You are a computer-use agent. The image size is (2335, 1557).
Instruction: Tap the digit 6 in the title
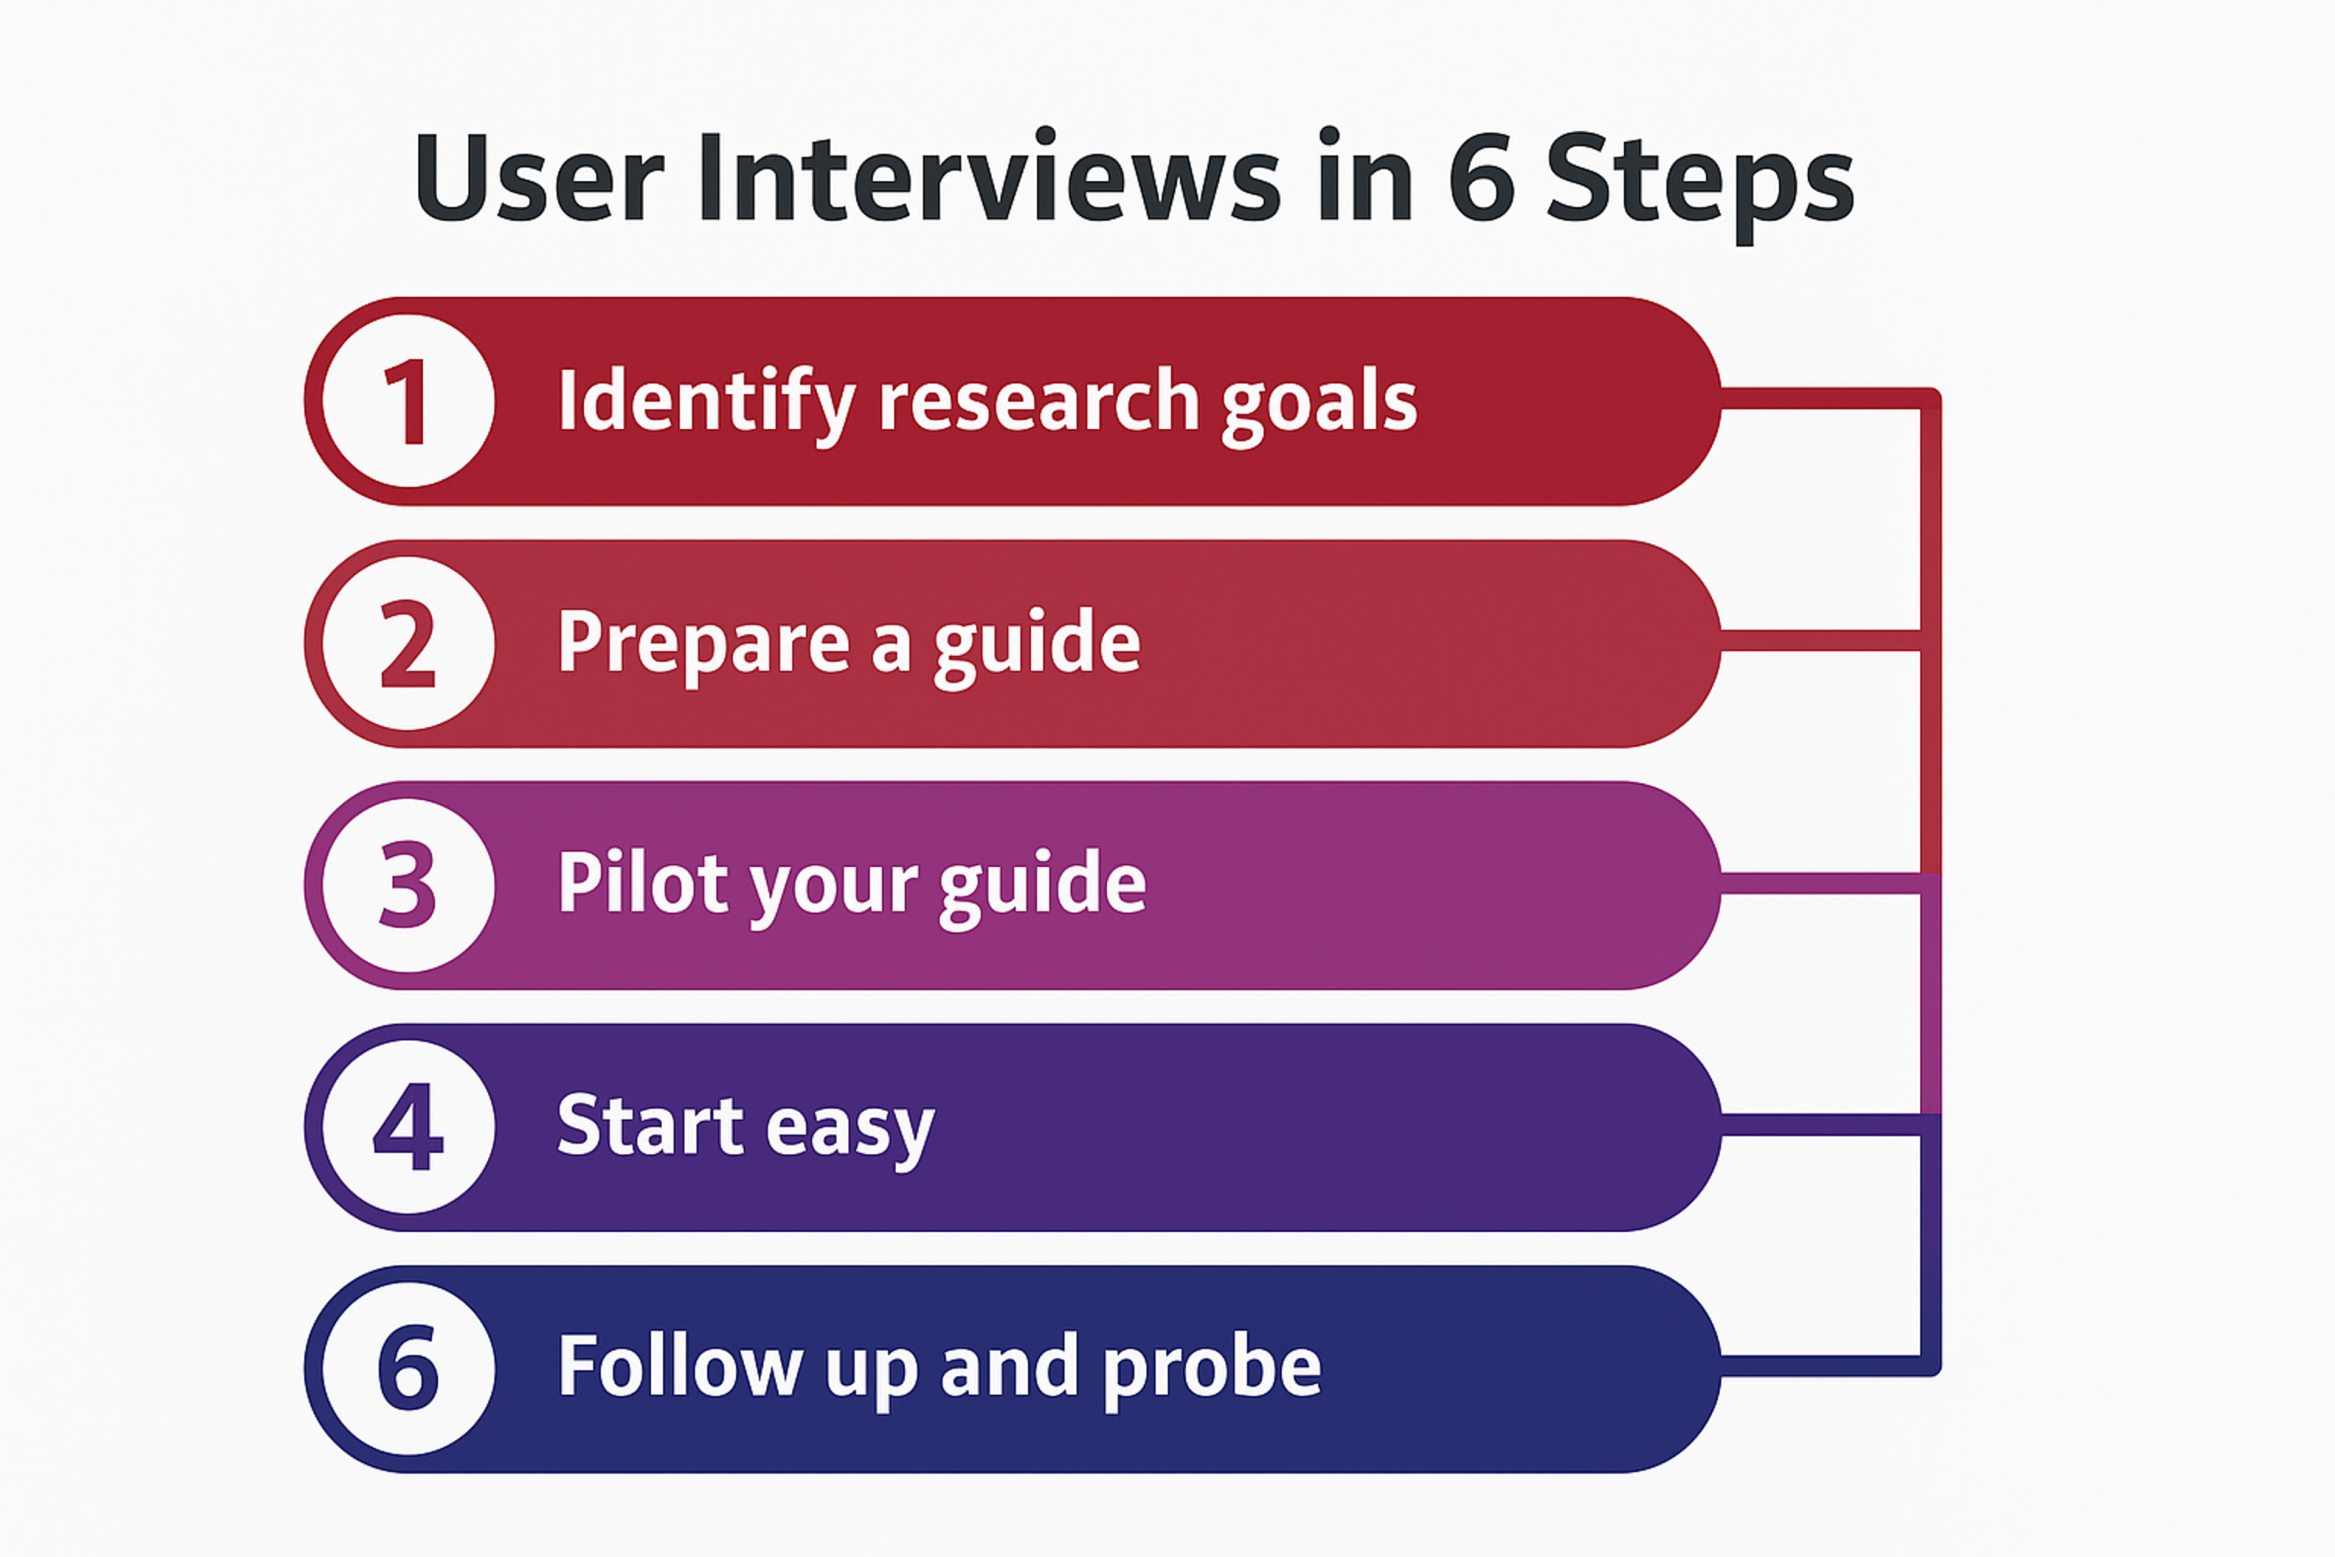click(1481, 179)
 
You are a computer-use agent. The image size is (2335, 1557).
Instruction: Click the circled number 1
click(408, 401)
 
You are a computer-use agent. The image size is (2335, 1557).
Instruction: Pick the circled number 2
click(408, 643)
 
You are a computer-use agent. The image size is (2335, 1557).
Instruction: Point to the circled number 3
click(408, 885)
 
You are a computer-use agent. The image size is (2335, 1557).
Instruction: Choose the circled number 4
click(408, 1127)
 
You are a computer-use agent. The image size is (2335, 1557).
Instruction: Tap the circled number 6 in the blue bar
click(408, 1368)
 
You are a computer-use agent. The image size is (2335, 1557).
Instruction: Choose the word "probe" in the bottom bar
click(1212, 1369)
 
